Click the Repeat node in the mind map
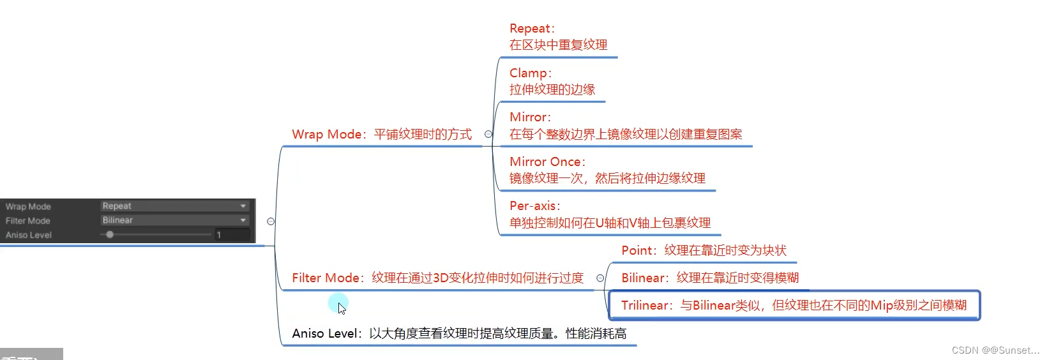tap(558, 37)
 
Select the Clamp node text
tap(552, 81)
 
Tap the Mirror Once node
tap(607, 170)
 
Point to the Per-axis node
tap(609, 214)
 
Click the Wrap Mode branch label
tap(382, 135)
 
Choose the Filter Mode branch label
tap(437, 278)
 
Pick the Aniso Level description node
tap(459, 334)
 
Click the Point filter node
tap(704, 251)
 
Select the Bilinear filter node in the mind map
tap(710, 278)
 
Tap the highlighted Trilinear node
tap(794, 306)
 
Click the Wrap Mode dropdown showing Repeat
tap(174, 206)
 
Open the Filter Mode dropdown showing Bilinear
tap(174, 220)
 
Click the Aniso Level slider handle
tap(110, 235)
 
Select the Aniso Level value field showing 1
tap(232, 235)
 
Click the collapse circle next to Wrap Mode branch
tap(488, 134)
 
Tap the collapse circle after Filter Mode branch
tap(600, 278)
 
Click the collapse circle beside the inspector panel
tap(271, 221)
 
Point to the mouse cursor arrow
tap(342, 308)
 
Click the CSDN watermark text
tap(995, 350)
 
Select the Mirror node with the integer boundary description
tap(625, 126)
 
